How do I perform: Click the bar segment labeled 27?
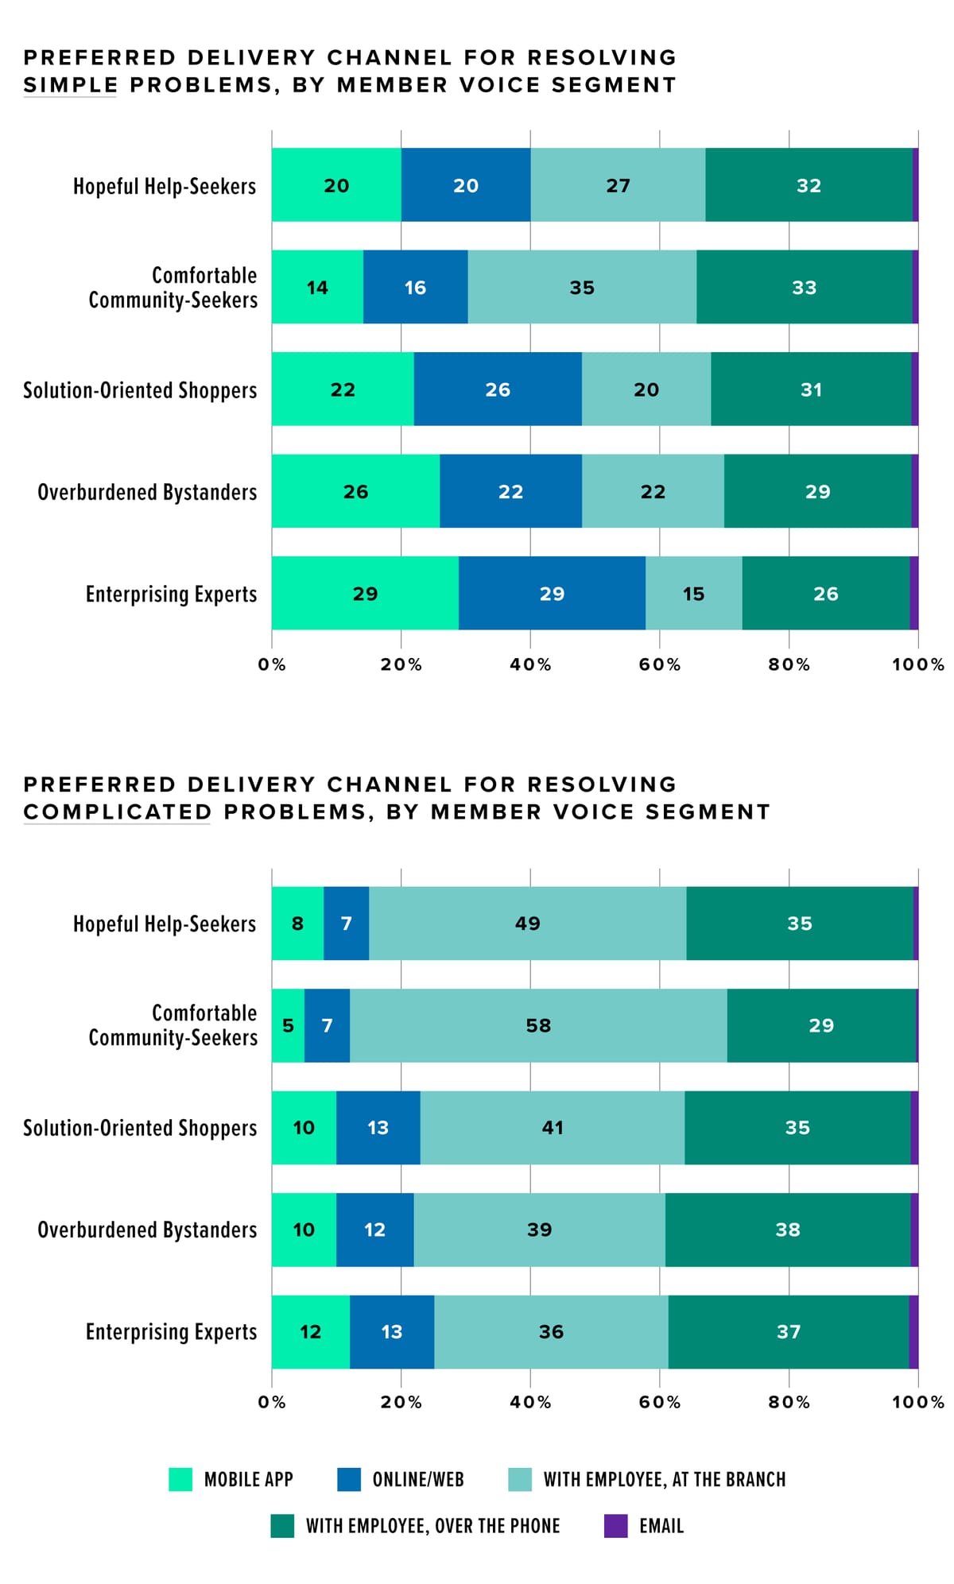(618, 185)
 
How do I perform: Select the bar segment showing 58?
(538, 1025)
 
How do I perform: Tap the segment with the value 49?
(527, 924)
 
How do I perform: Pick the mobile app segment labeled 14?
(317, 288)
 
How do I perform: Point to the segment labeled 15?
(693, 594)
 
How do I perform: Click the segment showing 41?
(553, 1128)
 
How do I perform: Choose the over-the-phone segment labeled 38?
(788, 1230)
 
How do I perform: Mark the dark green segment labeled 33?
(804, 288)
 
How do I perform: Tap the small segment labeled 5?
(288, 1025)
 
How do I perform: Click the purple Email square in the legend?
(615, 1525)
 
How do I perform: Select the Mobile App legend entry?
(231, 1479)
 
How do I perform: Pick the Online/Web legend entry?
(401, 1479)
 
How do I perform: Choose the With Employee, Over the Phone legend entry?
(416, 1525)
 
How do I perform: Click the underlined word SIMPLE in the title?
(70, 85)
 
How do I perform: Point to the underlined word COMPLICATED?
(117, 811)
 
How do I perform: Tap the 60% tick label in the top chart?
(659, 664)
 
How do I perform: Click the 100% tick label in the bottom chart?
(917, 1402)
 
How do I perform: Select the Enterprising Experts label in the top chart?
(171, 594)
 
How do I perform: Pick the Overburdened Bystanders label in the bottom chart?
(147, 1230)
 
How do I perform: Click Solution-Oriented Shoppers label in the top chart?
(140, 390)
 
